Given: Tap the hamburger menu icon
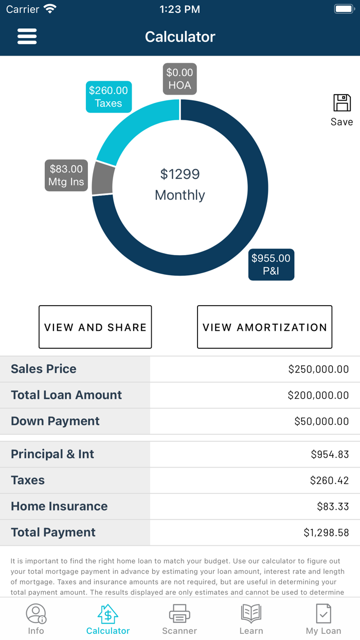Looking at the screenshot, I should coord(27,37).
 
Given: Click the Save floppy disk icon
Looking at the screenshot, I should coord(342,103).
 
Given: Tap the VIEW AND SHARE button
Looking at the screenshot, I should coord(95,327).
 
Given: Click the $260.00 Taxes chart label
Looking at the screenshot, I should coord(109,97).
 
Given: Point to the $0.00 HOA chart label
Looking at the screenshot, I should coord(179,79).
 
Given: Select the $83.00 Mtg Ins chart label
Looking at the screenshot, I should coord(66,175).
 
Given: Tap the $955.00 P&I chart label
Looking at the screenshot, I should coord(271,264).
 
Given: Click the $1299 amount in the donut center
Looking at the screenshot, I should coord(179,174).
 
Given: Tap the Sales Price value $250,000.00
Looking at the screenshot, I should coord(318,369).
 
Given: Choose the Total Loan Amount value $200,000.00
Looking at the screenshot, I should coord(318,395).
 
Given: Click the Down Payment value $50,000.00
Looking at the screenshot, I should coord(321,421).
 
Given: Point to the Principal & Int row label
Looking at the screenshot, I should coord(52,454).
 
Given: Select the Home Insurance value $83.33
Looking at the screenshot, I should coord(333,506).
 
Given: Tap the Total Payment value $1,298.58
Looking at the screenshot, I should coord(326,532).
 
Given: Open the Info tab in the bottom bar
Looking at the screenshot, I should coord(36,619).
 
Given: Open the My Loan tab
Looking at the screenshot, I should coord(323,619).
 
